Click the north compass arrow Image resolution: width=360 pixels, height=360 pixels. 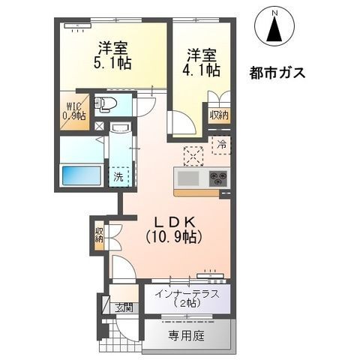click(275, 28)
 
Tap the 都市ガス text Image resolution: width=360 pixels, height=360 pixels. click(277, 73)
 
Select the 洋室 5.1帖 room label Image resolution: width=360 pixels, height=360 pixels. click(112, 55)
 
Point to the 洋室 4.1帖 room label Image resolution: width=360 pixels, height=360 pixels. click(202, 62)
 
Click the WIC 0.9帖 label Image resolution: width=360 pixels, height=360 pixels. click(74, 111)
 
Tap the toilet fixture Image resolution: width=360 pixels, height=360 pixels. click(106, 104)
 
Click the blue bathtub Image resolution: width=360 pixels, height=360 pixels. click(82, 175)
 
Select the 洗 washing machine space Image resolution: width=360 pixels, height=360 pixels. click(118, 177)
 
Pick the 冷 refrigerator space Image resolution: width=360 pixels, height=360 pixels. click(221, 145)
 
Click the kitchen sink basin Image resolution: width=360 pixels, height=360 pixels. click(188, 178)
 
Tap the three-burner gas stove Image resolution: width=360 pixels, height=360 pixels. click(218, 178)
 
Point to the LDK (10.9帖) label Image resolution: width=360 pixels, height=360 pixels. click(174, 229)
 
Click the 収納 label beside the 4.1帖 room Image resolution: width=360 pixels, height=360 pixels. click(219, 115)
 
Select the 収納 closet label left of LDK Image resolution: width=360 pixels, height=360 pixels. click(99, 235)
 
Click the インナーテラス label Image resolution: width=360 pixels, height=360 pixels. click(187, 298)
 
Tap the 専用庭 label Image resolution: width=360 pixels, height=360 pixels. click(187, 336)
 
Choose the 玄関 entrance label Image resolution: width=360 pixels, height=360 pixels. click(124, 308)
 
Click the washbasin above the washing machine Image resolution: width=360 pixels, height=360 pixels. click(121, 127)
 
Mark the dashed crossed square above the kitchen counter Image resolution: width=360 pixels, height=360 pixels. click(193, 156)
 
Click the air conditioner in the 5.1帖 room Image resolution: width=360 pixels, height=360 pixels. click(77, 25)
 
